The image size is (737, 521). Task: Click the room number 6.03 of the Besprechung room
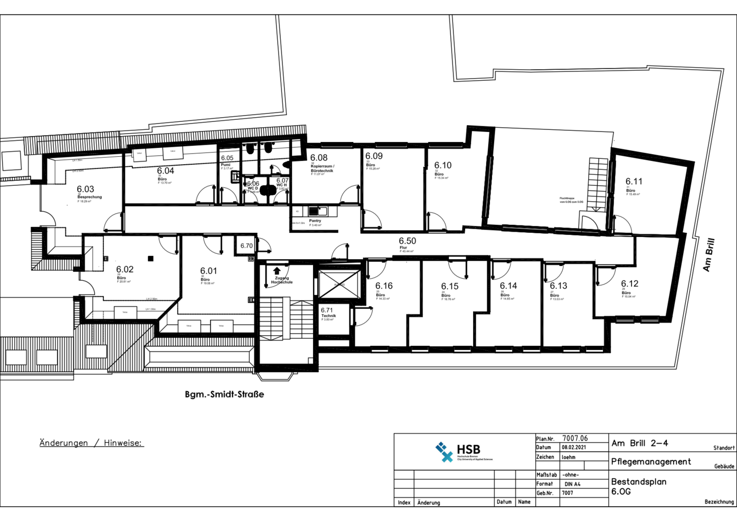coord(85,189)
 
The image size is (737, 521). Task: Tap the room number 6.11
coord(634,182)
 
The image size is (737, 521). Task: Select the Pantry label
coord(315,221)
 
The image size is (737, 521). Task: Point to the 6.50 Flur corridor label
coord(407,241)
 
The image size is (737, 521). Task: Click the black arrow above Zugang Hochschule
coord(277,271)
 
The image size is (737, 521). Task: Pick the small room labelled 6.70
coord(247,246)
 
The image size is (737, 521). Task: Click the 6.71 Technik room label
coord(327,313)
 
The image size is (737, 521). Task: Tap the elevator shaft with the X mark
coord(338,284)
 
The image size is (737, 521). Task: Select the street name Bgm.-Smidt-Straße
coord(224,394)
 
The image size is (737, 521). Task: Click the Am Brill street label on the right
coord(708,255)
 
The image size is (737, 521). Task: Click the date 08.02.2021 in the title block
coord(573,447)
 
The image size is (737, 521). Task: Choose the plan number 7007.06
coord(575,438)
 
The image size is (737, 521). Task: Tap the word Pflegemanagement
coord(651,461)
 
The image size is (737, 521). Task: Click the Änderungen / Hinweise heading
coord(91,443)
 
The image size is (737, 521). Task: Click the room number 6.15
coord(450,286)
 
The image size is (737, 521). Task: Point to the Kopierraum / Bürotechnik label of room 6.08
coord(323,168)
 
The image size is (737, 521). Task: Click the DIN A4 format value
coord(572,484)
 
